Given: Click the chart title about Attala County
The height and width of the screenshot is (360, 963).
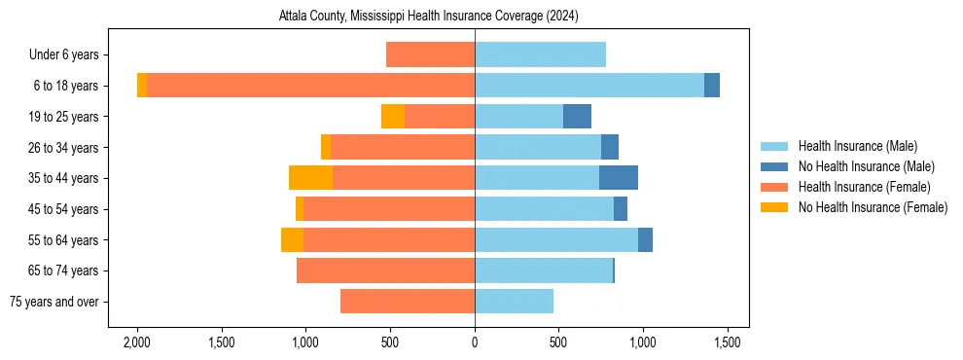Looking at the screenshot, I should pyautogui.click(x=429, y=17).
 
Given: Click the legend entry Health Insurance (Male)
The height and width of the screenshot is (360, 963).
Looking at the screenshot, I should pyautogui.click(x=857, y=146).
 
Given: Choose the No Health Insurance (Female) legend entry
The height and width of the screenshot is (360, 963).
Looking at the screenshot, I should pyautogui.click(x=873, y=207).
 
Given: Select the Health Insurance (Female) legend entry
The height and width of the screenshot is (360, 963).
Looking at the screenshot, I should pyautogui.click(x=864, y=187).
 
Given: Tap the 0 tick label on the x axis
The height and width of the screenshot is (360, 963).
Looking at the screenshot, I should pyautogui.click(x=475, y=342).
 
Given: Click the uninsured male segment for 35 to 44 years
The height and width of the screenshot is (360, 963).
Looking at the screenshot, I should pyautogui.click(x=619, y=178).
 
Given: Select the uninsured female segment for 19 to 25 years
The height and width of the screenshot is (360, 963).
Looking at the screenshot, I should pyautogui.click(x=393, y=117).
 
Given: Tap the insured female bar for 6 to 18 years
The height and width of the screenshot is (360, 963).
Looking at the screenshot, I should pyautogui.click(x=311, y=86).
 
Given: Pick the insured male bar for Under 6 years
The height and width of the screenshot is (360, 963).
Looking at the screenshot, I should pyautogui.click(x=540, y=54).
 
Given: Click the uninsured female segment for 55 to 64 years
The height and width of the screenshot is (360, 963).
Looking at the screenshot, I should pyautogui.click(x=292, y=239).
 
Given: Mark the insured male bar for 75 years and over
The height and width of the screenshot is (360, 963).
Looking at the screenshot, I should pyautogui.click(x=514, y=302).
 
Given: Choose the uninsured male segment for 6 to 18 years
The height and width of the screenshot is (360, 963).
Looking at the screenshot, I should pyautogui.click(x=712, y=86).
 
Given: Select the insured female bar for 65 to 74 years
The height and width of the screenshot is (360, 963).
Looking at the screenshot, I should pyautogui.click(x=385, y=270).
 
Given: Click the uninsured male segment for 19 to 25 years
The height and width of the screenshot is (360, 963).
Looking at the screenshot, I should pyautogui.click(x=577, y=117).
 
